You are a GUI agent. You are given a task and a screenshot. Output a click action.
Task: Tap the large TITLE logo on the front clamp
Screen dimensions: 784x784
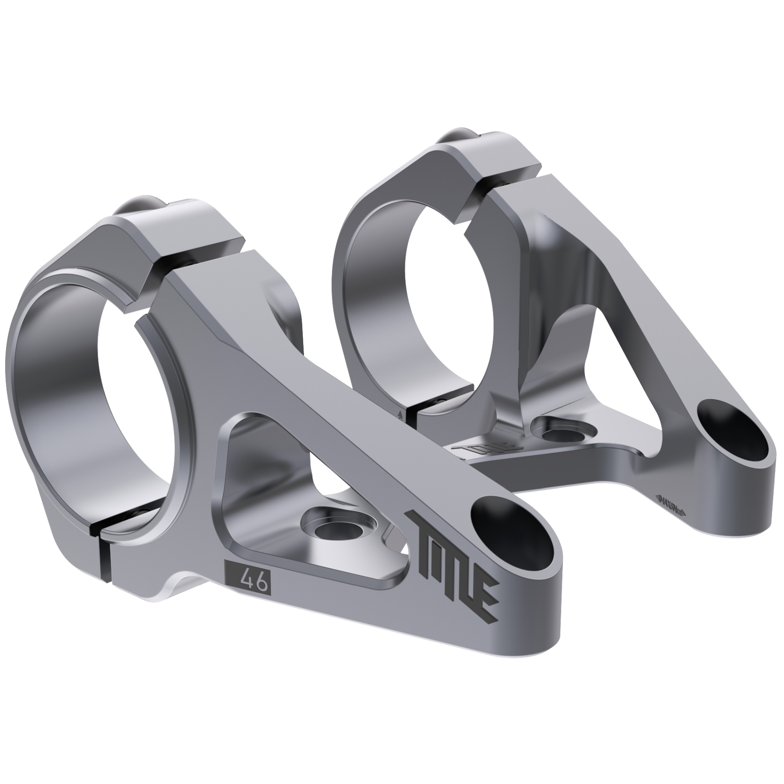[x=453, y=562]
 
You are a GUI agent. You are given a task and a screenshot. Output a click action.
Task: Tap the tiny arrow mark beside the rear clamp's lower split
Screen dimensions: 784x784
[x=400, y=412]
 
